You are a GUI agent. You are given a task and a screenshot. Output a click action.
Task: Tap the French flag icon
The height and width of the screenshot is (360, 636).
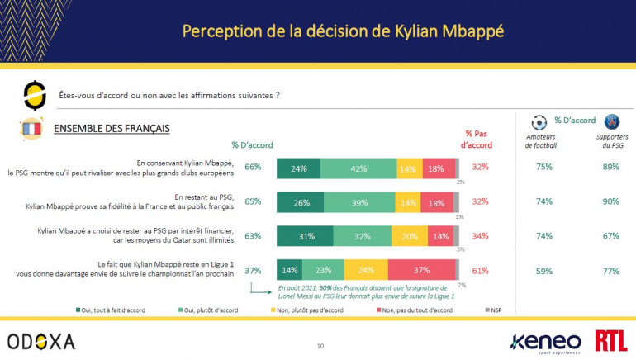pyautogui.click(x=32, y=130)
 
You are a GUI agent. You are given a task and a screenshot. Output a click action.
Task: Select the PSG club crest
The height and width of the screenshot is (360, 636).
pyautogui.click(x=612, y=124)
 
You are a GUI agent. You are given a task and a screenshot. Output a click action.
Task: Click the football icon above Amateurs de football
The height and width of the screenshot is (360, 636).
pyautogui.click(x=540, y=123)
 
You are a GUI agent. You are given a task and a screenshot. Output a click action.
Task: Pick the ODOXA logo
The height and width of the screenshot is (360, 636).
pyautogui.click(x=41, y=340)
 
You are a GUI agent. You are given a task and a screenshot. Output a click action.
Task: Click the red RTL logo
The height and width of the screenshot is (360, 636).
pyautogui.click(x=611, y=339)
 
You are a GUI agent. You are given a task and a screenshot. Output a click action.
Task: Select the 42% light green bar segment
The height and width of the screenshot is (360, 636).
pyautogui.click(x=358, y=168)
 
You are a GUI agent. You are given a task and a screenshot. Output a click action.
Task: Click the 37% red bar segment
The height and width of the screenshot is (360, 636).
pyautogui.click(x=421, y=269)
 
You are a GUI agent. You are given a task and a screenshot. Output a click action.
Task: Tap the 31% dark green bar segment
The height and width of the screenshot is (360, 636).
pyautogui.click(x=306, y=235)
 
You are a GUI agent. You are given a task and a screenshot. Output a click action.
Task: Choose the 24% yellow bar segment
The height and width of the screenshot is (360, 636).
pyautogui.click(x=365, y=269)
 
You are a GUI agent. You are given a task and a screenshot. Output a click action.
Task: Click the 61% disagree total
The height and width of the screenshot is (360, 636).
pyautogui.click(x=480, y=269)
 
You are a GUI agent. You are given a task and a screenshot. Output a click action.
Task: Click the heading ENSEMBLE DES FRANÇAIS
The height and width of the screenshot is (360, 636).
pyautogui.click(x=112, y=129)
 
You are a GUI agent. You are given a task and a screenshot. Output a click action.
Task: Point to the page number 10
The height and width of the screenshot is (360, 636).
pyautogui.click(x=320, y=346)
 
